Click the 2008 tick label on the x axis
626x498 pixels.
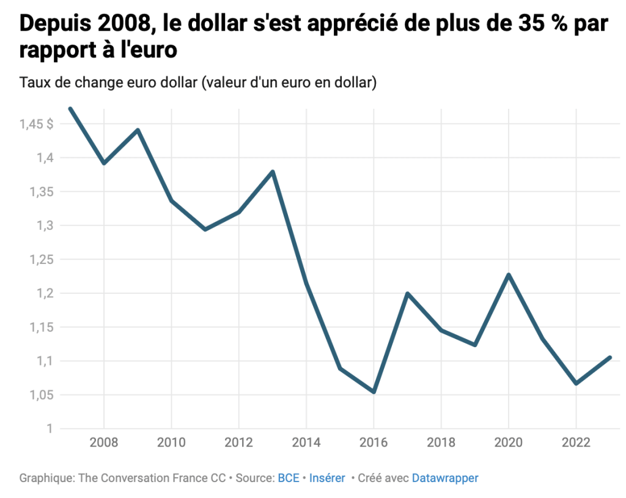[x=104, y=442]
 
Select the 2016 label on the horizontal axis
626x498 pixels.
[x=373, y=442]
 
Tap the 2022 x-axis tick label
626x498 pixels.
[x=576, y=442]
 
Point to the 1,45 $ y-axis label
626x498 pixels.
[x=36, y=124]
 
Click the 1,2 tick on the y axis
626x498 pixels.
[x=45, y=293]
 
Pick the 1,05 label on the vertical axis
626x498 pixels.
[x=40, y=395]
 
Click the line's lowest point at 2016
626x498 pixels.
[x=374, y=392]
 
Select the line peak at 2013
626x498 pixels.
[x=273, y=172]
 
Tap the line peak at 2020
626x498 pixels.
[x=509, y=274]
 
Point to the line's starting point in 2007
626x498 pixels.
[x=70, y=109]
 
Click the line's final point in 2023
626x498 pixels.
[x=610, y=357]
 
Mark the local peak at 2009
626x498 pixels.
[x=138, y=130]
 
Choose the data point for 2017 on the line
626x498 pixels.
[x=407, y=294]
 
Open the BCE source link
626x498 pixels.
[x=289, y=478]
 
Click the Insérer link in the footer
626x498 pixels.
[x=327, y=478]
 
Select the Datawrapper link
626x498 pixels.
[x=445, y=478]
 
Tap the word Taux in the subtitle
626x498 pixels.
[x=33, y=83]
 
